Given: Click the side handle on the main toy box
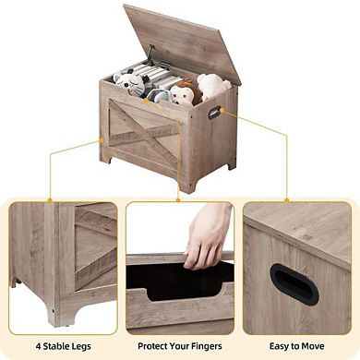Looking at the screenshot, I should pos(215,113).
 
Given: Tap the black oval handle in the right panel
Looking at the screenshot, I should pos(293,283).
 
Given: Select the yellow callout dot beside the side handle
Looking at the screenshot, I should pos(226,113).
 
